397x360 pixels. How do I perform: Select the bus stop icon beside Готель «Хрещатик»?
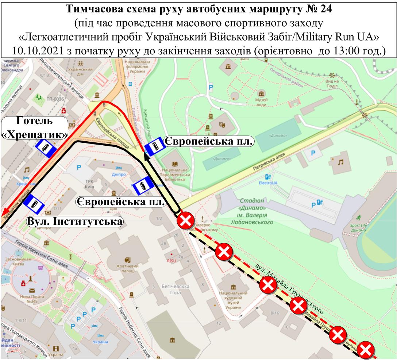[x=45, y=148]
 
